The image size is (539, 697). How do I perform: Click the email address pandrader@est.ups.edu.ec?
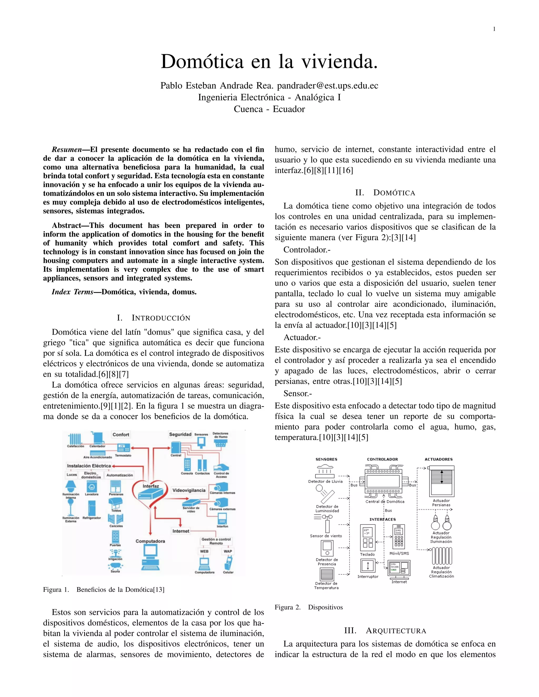coord(327,85)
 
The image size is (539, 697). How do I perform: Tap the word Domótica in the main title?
coord(202,61)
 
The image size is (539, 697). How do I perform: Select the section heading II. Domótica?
coord(385,193)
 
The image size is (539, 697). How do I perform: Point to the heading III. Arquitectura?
coord(385,631)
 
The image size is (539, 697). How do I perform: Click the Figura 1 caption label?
coord(56,589)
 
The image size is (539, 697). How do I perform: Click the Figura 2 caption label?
coord(288,607)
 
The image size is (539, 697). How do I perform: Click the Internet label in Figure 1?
coord(181,531)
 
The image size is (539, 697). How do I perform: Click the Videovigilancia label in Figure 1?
coord(189,490)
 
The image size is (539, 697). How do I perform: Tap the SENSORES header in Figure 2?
coord(326,459)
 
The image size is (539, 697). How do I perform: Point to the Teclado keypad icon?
coord(367,537)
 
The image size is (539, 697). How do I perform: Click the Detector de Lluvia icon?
coord(325,471)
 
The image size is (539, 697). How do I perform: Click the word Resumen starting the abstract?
coord(66,150)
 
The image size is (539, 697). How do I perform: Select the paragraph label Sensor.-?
coord(298,393)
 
